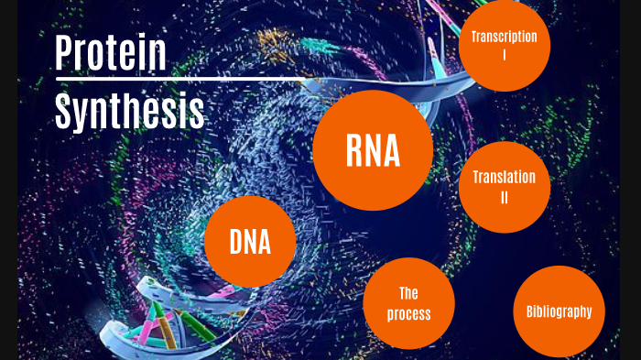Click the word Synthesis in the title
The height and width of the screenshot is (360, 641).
pyautogui.click(x=129, y=113)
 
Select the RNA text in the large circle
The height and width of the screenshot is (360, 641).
pyautogui.click(x=373, y=150)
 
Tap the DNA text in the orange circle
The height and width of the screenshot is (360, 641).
pyautogui.click(x=250, y=243)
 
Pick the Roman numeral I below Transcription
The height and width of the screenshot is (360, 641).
pyautogui.click(x=504, y=55)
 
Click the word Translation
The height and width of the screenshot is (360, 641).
pyautogui.click(x=504, y=178)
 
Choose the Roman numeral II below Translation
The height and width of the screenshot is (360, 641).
pyautogui.click(x=504, y=197)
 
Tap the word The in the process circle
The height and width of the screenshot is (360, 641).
pyautogui.click(x=408, y=293)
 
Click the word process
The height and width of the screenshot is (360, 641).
pyautogui.click(x=408, y=314)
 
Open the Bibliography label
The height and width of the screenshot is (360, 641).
pyautogui.click(x=560, y=311)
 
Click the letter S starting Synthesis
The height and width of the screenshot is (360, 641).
pyautogui.click(x=63, y=112)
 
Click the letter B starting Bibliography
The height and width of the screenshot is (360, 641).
pyautogui.click(x=530, y=311)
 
